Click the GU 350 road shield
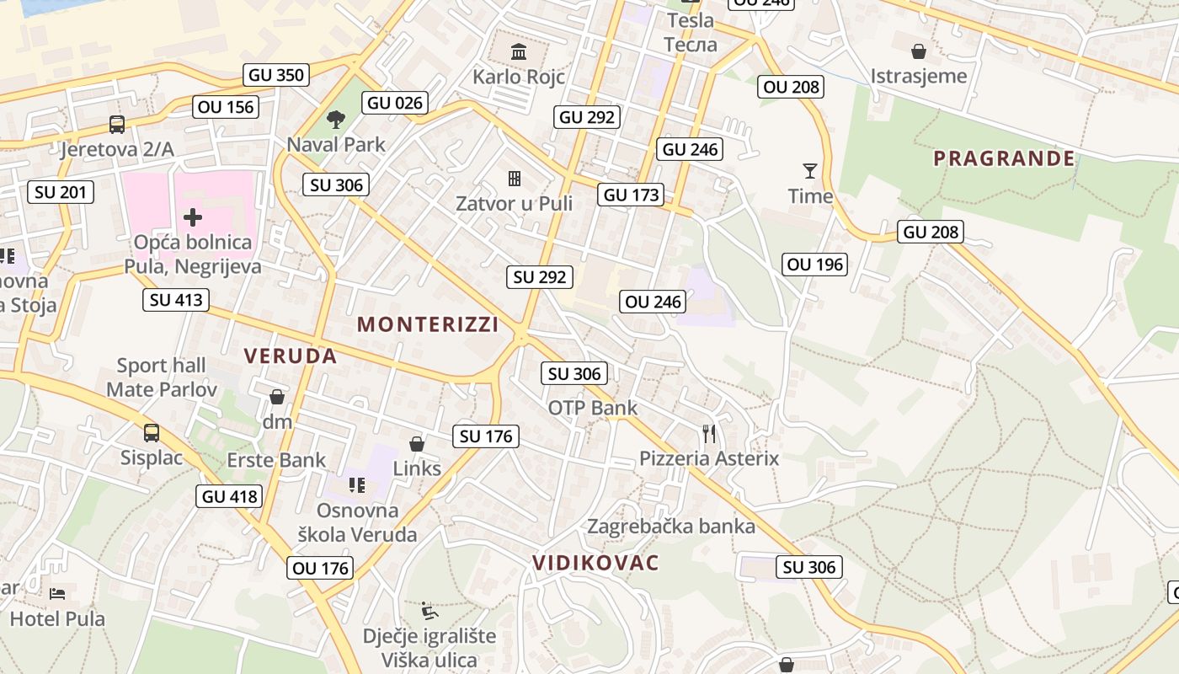(276, 75)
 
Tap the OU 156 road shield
(225, 107)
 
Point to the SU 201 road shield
(61, 192)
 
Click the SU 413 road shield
(175, 299)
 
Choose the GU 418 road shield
(231, 496)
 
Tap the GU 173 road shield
(632, 195)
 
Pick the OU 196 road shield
(814, 265)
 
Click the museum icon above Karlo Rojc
(519, 51)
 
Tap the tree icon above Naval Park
(336, 120)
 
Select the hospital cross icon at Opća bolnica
(193, 217)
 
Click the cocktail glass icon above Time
(810, 171)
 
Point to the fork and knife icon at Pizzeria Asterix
(709, 434)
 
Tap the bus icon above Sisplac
(152, 433)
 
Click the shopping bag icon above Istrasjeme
(919, 51)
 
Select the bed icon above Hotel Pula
(57, 594)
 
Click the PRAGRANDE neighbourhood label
(1004, 158)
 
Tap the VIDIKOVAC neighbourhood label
(595, 563)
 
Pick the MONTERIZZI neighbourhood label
(428, 324)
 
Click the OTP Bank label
(593, 408)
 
